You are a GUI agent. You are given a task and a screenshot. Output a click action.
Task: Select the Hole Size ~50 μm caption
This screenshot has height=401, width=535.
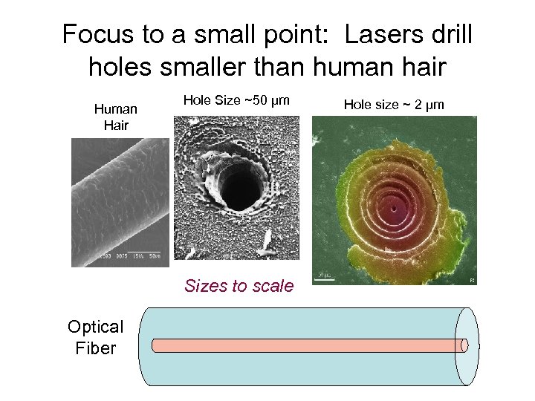tap(236, 100)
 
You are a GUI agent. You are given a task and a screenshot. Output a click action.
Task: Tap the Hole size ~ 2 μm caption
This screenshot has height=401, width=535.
tap(394, 105)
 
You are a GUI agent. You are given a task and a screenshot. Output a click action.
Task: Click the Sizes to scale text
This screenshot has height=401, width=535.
tap(239, 286)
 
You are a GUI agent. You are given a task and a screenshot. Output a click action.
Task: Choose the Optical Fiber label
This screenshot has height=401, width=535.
tap(95, 337)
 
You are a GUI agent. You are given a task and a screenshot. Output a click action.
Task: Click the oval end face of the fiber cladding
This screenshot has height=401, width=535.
tap(467, 346)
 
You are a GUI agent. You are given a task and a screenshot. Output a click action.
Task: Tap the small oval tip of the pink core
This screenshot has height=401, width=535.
tap(464, 345)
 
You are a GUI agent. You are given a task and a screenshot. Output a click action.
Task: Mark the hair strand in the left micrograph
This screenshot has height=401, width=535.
tap(119, 197)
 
